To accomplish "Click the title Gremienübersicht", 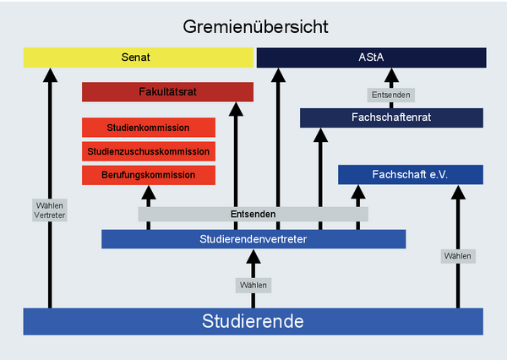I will click(x=255, y=26).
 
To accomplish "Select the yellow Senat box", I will click(x=139, y=57).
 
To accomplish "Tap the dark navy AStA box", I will click(x=371, y=57).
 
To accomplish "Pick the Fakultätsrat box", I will click(x=167, y=91).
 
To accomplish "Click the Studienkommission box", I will click(x=148, y=128).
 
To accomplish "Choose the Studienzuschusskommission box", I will click(x=148, y=151).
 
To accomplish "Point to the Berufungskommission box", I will click(x=148, y=175).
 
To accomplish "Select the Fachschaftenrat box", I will click(x=391, y=117).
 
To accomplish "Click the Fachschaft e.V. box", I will click(x=410, y=174).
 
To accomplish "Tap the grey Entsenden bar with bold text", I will click(x=253, y=214).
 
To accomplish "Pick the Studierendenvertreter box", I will click(x=253, y=239).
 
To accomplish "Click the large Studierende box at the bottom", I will click(x=253, y=321).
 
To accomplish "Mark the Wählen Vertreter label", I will click(x=49, y=210).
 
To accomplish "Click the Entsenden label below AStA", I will click(x=390, y=95).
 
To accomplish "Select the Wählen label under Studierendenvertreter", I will click(x=253, y=285).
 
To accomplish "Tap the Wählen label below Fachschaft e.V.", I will click(x=457, y=255).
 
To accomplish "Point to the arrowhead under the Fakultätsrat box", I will click(x=235, y=109).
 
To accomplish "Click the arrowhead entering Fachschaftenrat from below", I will click(x=319, y=135).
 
